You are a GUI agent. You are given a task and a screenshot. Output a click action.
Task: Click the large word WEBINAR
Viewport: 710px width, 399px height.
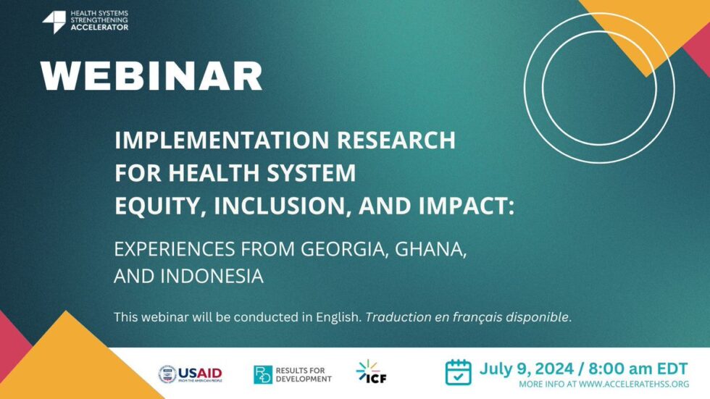[x=151, y=75]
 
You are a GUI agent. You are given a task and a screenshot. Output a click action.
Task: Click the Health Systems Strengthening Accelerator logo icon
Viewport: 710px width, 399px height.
[x=54, y=22]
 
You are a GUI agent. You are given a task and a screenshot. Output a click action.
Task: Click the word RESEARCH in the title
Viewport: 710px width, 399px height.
[x=401, y=140]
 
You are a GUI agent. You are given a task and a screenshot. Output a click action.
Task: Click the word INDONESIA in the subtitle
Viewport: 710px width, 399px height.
[x=211, y=276]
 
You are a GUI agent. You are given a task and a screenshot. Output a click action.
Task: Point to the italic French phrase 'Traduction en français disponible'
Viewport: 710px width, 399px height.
[x=468, y=317]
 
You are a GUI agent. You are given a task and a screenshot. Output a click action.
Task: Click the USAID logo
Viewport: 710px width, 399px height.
[x=191, y=374]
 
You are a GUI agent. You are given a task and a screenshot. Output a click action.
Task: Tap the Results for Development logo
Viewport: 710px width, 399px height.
[x=293, y=374]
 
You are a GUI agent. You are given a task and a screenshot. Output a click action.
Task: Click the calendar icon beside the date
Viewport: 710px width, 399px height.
[x=458, y=371]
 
